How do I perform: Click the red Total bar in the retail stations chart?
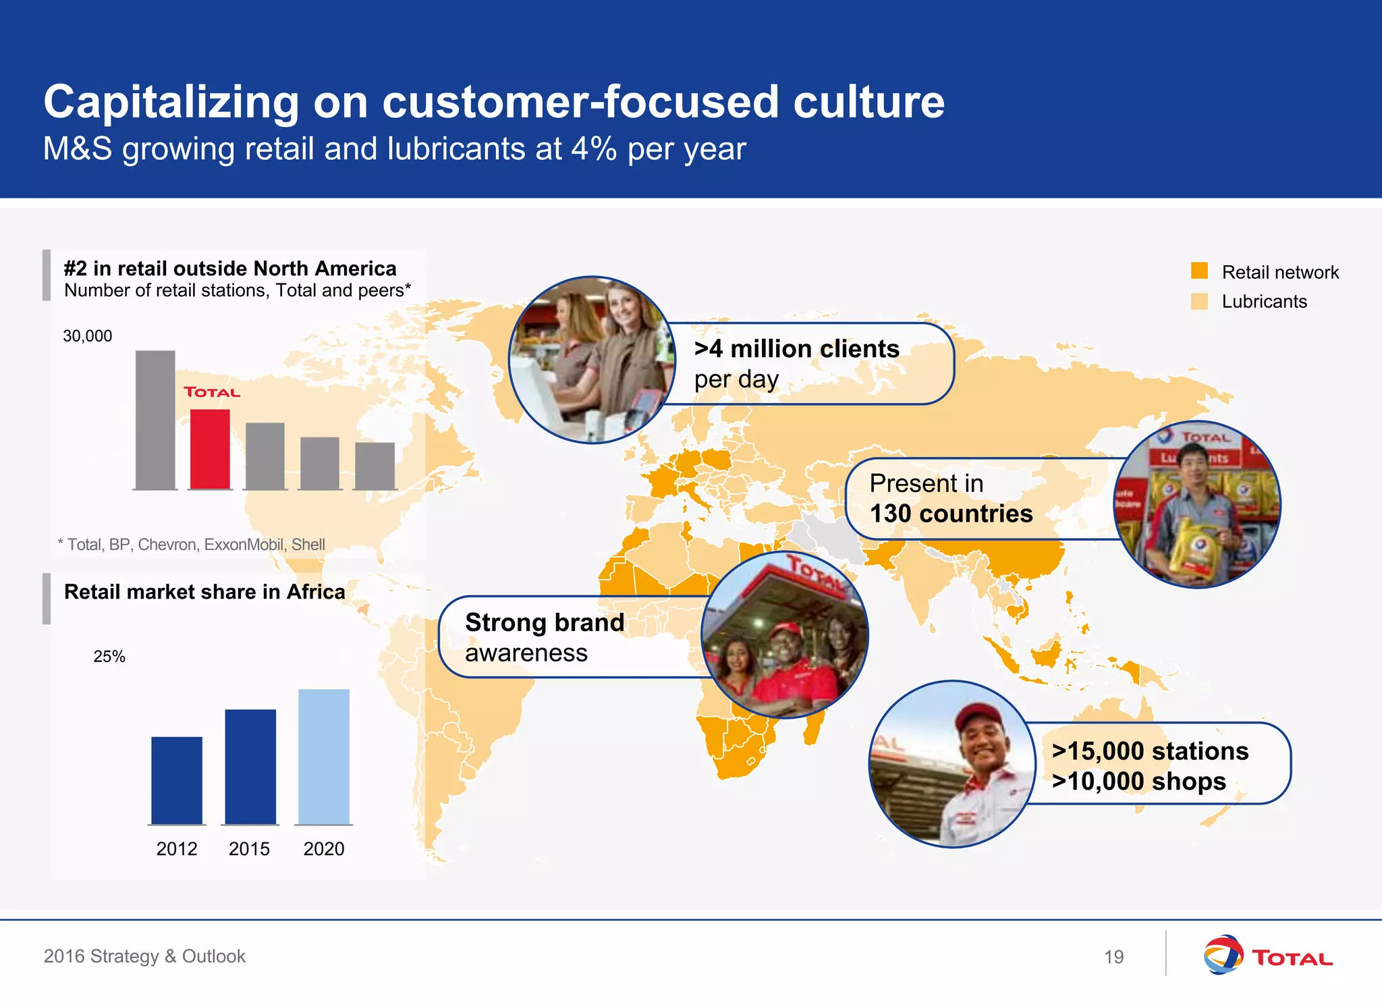pyautogui.click(x=210, y=449)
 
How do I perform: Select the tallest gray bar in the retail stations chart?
pyautogui.click(x=155, y=419)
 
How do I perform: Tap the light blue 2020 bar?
pyautogui.click(x=324, y=757)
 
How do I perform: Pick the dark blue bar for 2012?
pyautogui.click(x=177, y=780)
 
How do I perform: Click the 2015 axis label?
pyautogui.click(x=249, y=848)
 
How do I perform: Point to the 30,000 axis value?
pyautogui.click(x=88, y=336)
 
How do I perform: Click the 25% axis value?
pyautogui.click(x=109, y=657)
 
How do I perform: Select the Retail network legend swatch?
pyautogui.click(x=1199, y=271)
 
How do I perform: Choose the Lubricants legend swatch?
pyautogui.click(x=1199, y=301)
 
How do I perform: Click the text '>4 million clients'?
pyautogui.click(x=796, y=349)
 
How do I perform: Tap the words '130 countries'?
pyautogui.click(x=951, y=514)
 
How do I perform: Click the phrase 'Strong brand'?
pyautogui.click(x=545, y=622)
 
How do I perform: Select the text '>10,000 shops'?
pyautogui.click(x=1138, y=782)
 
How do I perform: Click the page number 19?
pyautogui.click(x=1113, y=956)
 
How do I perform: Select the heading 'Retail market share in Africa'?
pyautogui.click(x=204, y=592)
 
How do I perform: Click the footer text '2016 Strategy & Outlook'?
pyautogui.click(x=144, y=956)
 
